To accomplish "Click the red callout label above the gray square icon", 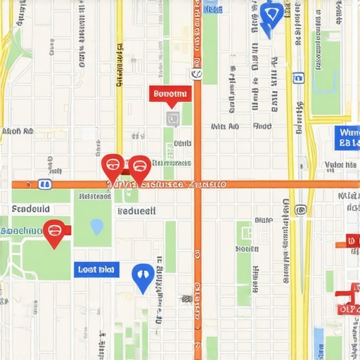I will click(x=169, y=94).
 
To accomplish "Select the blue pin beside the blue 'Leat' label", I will click(x=143, y=276).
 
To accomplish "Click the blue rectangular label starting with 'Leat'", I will click(x=96, y=269).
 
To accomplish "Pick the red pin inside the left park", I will click(x=54, y=232).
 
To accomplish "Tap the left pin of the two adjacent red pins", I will click(x=112, y=167).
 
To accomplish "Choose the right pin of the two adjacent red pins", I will click(x=139, y=168).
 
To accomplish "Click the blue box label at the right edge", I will click(x=347, y=138).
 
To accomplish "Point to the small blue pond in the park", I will click(x=96, y=226).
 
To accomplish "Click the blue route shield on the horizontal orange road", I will click(x=45, y=184).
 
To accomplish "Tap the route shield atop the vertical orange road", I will click(x=196, y=74).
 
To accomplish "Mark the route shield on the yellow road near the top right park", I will click(x=298, y=78).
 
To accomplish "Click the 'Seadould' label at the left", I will click(x=31, y=209).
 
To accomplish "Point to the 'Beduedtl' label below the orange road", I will click(x=136, y=211).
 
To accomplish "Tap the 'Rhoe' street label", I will click(x=262, y=127).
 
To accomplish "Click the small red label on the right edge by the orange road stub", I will click(x=352, y=241).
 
